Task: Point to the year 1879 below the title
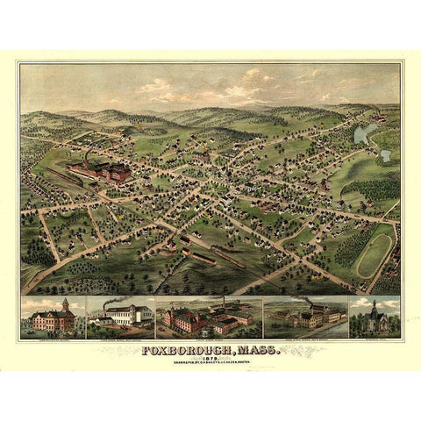tap(211, 361)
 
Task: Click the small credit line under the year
tap(211, 367)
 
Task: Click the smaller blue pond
tap(385, 155)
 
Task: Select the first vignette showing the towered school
tap(52, 318)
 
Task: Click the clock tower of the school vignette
tap(65, 304)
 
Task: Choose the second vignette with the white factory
tap(120, 318)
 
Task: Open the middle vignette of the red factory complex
tap(209, 318)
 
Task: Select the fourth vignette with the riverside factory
tap(303, 318)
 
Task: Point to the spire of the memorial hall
tap(375, 303)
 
